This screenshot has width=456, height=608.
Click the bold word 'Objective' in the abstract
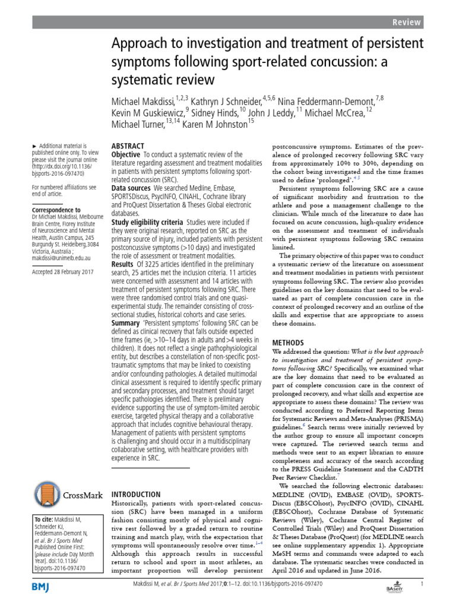[x=126, y=154]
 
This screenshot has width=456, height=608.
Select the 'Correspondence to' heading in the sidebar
[x=56, y=210]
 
